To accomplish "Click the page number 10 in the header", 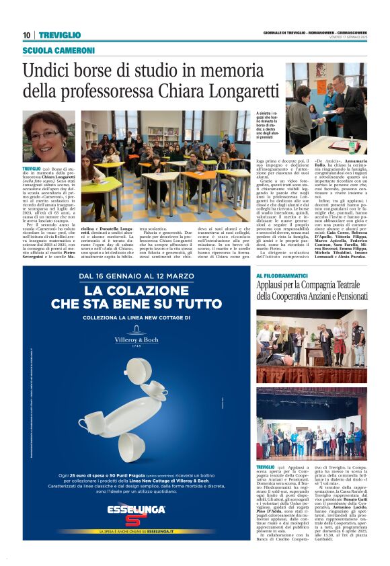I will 26,35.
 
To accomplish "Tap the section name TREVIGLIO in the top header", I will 60,35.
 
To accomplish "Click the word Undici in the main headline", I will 50,70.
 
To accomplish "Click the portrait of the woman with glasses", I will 48,136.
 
